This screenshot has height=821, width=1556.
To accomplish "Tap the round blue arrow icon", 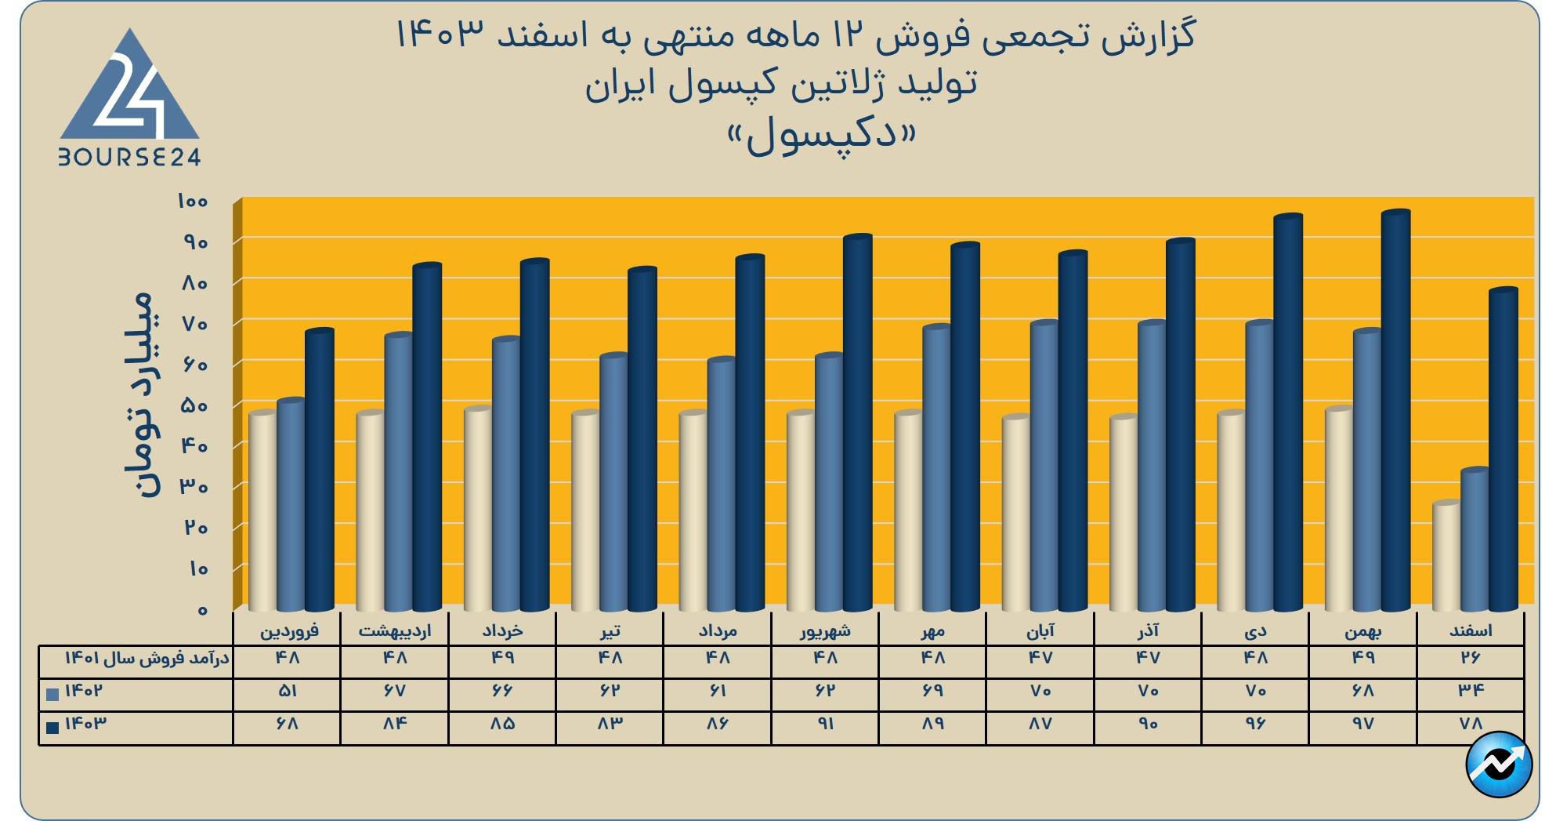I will [1499, 764].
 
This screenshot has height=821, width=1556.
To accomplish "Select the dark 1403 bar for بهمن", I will [1395, 412].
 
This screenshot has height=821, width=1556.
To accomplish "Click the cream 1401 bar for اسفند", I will [1446, 557].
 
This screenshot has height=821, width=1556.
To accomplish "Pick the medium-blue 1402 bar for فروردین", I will [291, 506].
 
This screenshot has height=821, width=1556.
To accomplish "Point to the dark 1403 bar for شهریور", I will [857, 423].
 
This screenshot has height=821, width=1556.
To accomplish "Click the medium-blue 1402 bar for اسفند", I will [1475, 541].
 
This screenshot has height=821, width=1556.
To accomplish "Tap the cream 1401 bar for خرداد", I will [477, 510].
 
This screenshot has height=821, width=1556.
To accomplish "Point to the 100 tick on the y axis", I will [193, 202].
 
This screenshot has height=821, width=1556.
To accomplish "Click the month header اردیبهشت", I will [394, 630].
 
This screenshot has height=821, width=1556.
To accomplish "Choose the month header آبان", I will [1040, 630].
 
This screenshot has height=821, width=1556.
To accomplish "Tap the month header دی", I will [1255, 630].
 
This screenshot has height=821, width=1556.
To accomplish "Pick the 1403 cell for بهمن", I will [1363, 724].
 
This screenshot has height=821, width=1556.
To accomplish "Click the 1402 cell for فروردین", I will [288, 691].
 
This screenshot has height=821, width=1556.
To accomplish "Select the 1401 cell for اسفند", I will [1471, 658].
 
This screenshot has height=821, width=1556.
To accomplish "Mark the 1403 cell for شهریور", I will [826, 724].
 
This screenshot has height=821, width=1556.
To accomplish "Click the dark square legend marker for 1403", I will [52, 728].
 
